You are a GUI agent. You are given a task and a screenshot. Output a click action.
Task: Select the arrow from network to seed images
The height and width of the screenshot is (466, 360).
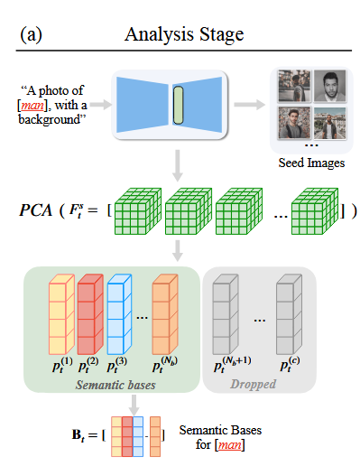(246, 104)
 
